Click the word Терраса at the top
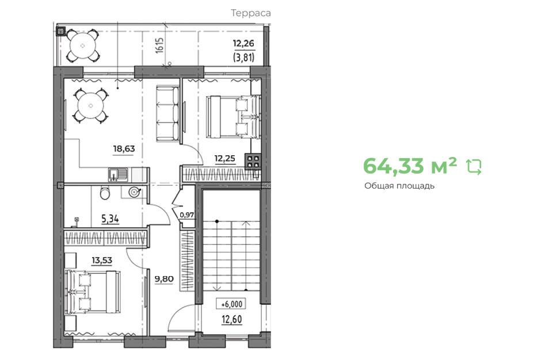click(250, 13)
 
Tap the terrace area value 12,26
click(243, 44)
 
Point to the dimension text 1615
click(159, 45)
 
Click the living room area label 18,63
click(124, 148)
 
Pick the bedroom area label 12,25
click(224, 158)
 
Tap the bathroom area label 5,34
click(110, 219)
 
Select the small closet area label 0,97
click(187, 215)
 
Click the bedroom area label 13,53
click(102, 260)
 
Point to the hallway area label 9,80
click(164, 278)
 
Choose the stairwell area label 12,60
click(231, 319)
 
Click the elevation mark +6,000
click(231, 304)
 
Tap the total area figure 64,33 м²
click(410, 166)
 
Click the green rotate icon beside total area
click(474, 167)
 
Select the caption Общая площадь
click(399, 186)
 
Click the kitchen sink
click(117, 174)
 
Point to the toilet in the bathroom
click(105, 193)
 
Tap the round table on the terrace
click(83, 45)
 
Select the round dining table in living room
click(91, 105)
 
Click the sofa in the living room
click(167, 114)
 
